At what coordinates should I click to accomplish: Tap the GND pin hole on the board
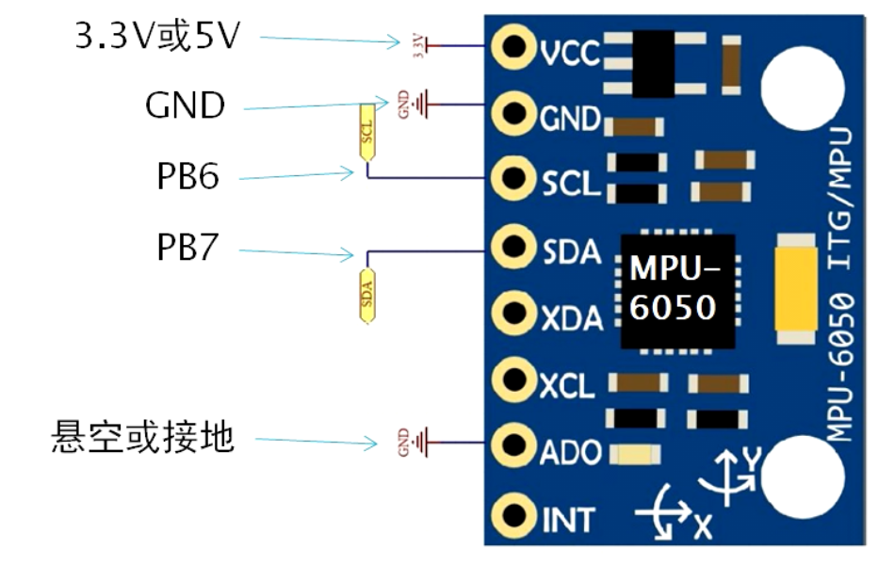[514, 114]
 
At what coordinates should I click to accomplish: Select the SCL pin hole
[514, 177]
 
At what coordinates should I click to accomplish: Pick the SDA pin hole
[514, 247]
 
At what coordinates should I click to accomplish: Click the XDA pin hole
[514, 310]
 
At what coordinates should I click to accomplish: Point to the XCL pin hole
[514, 379]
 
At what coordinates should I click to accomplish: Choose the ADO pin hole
[514, 444]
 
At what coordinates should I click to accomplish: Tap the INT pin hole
[514, 514]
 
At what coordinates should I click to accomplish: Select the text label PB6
[188, 176]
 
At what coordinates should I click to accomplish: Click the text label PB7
[188, 249]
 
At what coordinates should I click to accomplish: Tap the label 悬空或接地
[142, 438]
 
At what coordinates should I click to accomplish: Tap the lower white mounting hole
[802, 476]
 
